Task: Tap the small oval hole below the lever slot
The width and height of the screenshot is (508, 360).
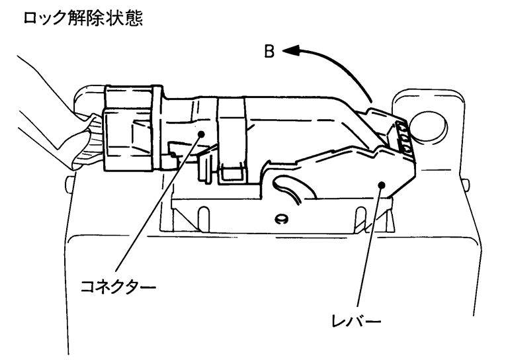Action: pos(281,218)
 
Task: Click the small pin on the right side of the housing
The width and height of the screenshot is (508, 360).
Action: pos(469,183)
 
